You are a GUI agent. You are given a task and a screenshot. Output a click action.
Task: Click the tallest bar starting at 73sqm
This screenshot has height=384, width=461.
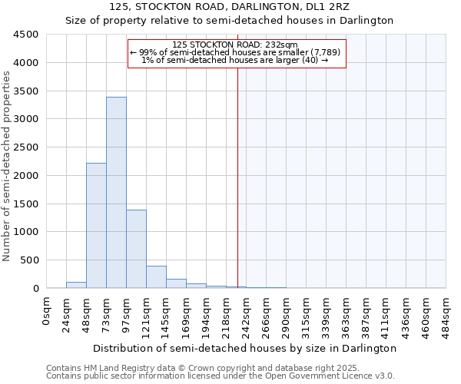[116, 192]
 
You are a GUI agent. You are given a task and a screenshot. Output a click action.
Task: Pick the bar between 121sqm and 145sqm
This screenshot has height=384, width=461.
[156, 277]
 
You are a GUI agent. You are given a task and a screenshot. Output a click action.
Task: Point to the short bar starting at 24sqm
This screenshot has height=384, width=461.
[76, 285]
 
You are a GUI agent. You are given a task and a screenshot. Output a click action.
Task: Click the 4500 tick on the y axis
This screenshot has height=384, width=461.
[25, 35]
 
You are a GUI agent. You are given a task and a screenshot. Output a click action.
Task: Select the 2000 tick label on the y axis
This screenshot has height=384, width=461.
[25, 176]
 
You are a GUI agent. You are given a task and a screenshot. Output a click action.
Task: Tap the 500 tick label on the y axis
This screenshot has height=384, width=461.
[28, 260]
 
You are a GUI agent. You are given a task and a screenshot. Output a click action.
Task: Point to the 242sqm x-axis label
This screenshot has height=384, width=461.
[247, 313]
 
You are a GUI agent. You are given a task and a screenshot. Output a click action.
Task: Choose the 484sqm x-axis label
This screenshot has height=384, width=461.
[446, 313]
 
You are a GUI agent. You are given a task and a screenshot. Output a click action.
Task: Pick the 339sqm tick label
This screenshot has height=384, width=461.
[327, 313]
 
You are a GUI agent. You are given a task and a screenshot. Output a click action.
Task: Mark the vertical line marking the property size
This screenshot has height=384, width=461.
[237, 177]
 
